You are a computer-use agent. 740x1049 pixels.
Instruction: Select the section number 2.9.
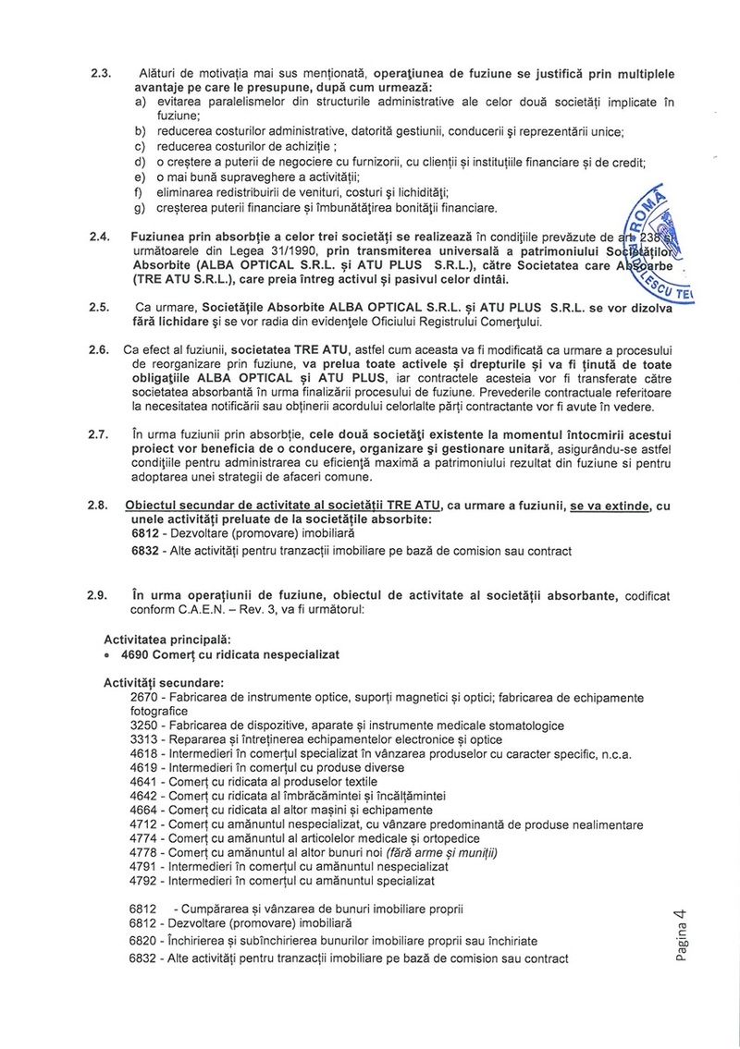(x=99, y=599)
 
